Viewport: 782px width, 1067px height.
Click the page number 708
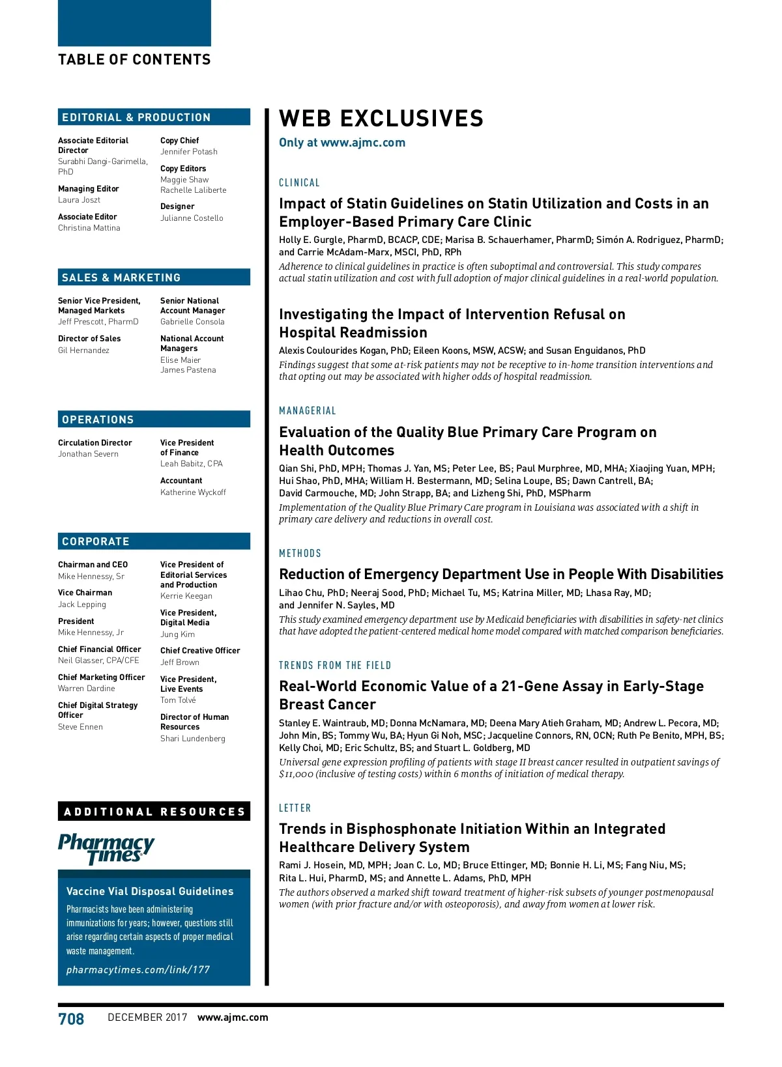[x=71, y=1019]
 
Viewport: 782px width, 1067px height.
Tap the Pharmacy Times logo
[x=106, y=849]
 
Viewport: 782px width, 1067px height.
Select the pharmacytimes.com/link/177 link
[x=138, y=970]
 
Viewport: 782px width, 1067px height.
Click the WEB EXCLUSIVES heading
[x=381, y=119]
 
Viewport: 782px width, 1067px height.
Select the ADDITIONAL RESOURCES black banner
[x=154, y=812]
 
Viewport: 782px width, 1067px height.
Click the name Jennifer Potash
[x=189, y=152]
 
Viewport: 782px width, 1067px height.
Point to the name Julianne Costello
[x=192, y=218]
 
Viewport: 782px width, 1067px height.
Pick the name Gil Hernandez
[x=83, y=350]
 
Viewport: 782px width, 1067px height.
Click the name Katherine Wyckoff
[x=193, y=492]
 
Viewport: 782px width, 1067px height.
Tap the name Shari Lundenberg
[x=193, y=739]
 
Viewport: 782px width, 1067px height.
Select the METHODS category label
[x=300, y=554]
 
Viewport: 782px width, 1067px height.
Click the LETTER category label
[x=295, y=808]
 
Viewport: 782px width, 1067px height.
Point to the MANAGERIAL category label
[x=308, y=411]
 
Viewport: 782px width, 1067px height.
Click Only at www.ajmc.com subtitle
[x=342, y=143]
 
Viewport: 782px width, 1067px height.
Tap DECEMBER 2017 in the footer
[x=147, y=1017]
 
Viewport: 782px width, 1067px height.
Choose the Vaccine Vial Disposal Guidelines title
[x=150, y=891]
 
